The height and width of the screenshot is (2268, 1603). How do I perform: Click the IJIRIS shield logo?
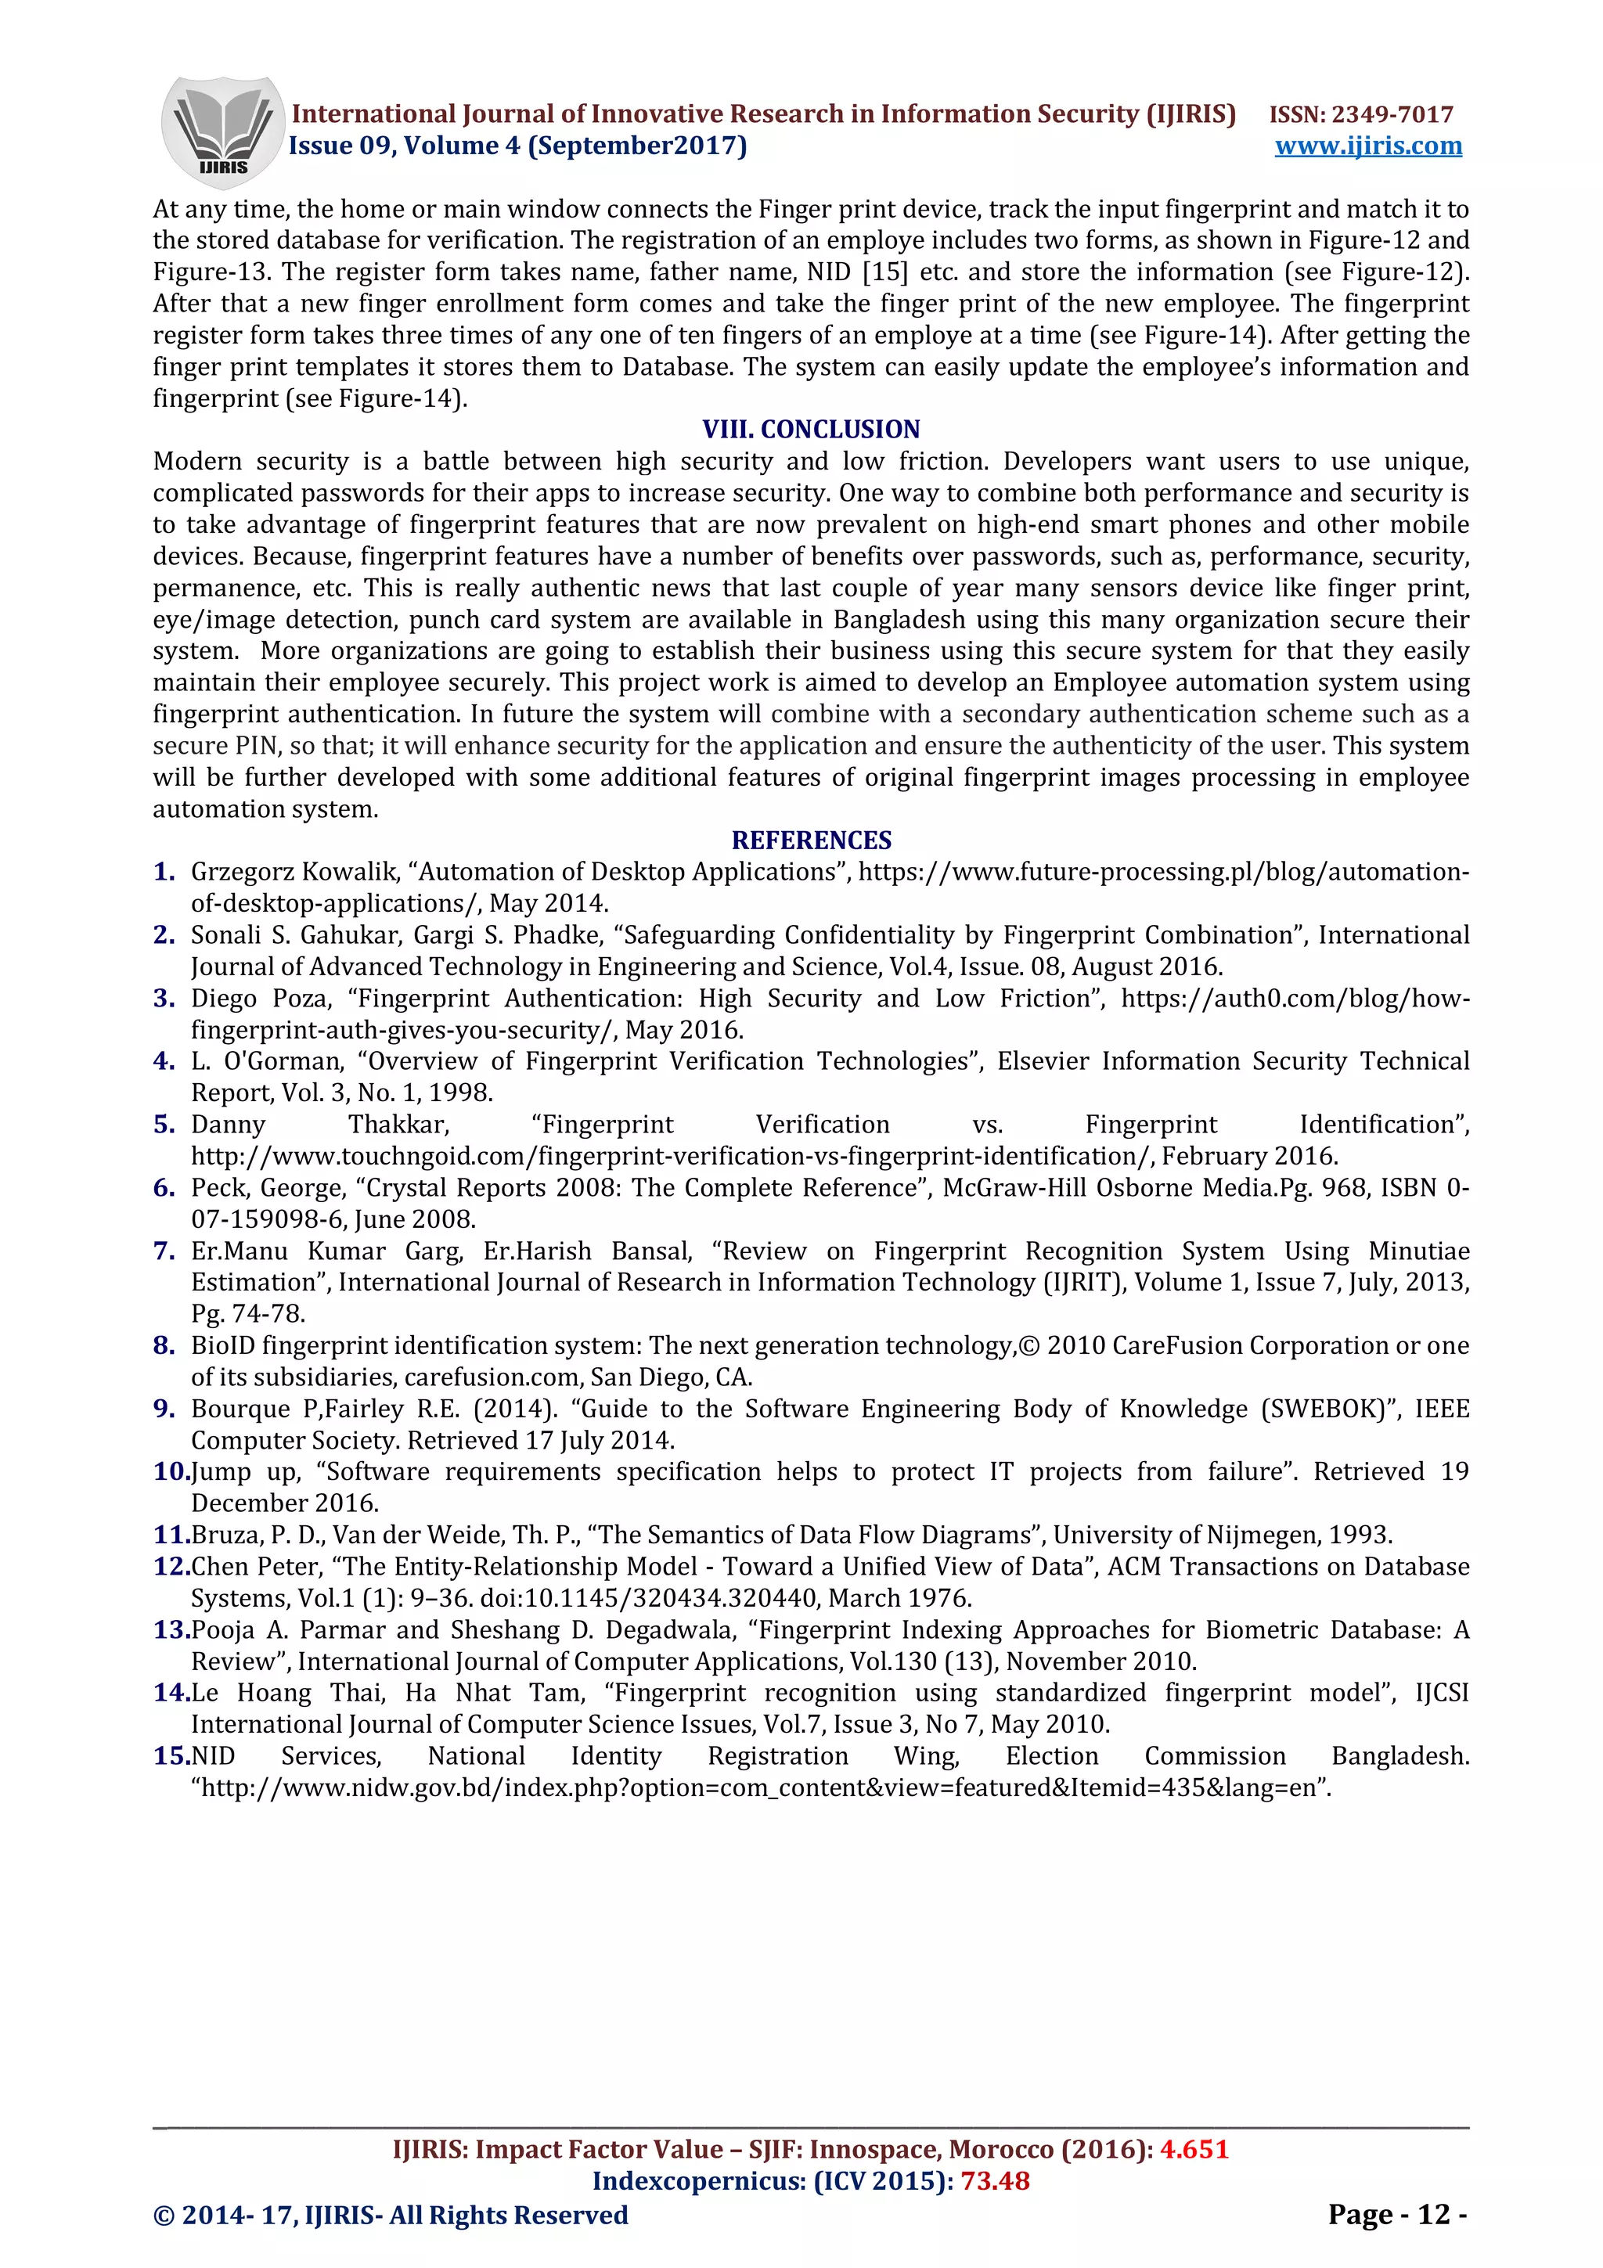(x=222, y=131)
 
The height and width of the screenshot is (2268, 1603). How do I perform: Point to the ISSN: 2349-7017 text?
(x=1360, y=114)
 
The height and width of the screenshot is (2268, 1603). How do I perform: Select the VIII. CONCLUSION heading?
(x=810, y=429)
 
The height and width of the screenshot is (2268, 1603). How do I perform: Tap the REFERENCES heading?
(x=811, y=840)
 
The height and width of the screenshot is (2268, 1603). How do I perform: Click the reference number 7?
(x=164, y=1251)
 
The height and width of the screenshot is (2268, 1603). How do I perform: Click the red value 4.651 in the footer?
(x=1194, y=2150)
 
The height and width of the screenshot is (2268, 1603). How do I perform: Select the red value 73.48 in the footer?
(x=995, y=2181)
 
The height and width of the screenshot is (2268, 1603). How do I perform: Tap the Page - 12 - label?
(x=1396, y=2214)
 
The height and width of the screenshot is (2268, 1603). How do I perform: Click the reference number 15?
(x=170, y=1755)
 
